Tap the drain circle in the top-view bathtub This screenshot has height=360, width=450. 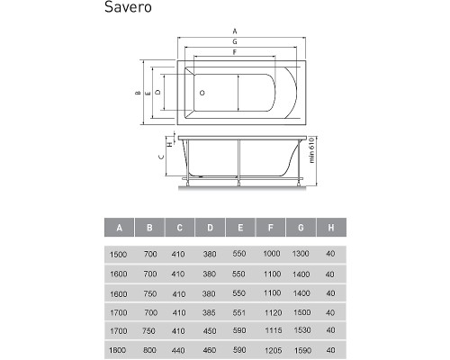click(x=202, y=92)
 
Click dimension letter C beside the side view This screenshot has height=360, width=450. click(x=161, y=156)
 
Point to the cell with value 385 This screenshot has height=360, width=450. click(x=210, y=311)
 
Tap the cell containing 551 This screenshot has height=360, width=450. click(x=239, y=311)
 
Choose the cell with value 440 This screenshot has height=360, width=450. click(x=179, y=349)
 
